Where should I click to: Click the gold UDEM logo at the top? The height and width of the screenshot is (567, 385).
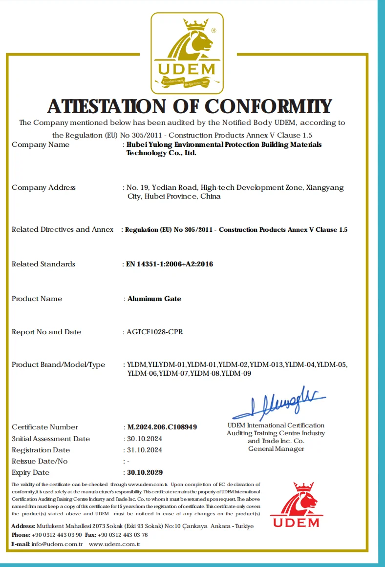pyautogui.click(x=187, y=53)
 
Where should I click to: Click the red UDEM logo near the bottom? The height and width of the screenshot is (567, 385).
pyautogui.click(x=296, y=505)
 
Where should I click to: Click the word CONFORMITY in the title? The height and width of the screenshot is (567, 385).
pyautogui.click(x=268, y=106)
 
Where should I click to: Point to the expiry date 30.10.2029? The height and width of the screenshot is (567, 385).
pyautogui.click(x=145, y=472)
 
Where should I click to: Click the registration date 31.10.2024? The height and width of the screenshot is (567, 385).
pyautogui.click(x=145, y=450)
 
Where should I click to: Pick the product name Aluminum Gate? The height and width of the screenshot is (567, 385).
pyautogui.click(x=154, y=299)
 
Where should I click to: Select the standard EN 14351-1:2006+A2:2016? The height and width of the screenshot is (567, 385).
pyautogui.click(x=170, y=264)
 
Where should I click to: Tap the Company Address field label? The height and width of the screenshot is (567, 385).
pyautogui.click(x=43, y=187)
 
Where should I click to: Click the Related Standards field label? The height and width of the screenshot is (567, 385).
pyautogui.click(x=43, y=264)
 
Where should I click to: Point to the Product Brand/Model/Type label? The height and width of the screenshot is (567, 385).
pyautogui.click(x=58, y=364)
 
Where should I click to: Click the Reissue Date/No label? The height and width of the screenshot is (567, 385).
pyautogui.click(x=40, y=461)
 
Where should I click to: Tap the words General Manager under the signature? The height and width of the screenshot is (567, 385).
pyautogui.click(x=276, y=449)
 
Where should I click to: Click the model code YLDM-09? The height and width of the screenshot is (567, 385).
pyautogui.click(x=236, y=374)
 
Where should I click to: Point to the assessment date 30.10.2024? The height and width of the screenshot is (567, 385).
pyautogui.click(x=145, y=439)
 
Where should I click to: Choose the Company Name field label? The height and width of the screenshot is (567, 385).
pyautogui.click(x=41, y=144)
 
